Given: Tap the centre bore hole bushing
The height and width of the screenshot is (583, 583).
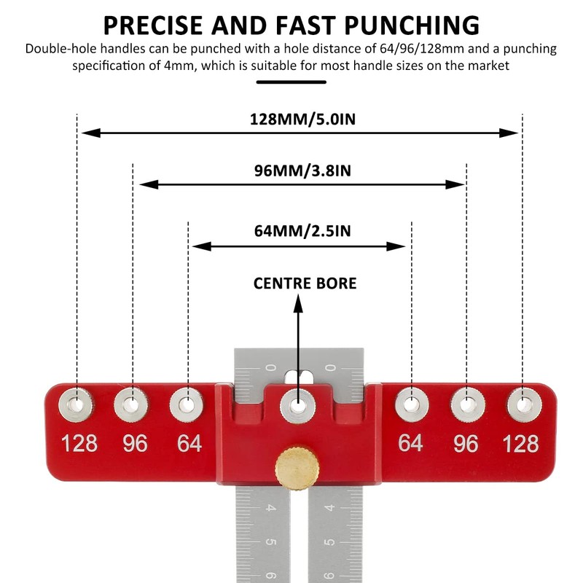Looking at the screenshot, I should coord(297,404).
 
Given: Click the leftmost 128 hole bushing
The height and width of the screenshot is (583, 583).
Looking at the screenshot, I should coord(77,402).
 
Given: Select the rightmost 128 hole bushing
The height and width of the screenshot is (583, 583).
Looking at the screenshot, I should coord(522,402).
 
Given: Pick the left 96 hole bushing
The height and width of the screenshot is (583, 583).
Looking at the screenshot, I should coord(133,402).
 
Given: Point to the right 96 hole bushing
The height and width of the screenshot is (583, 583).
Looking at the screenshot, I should coord(466,402).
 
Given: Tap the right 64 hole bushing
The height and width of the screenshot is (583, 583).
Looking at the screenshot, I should coord(412,402).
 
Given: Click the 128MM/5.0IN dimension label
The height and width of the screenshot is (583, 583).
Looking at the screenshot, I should coord(302,119).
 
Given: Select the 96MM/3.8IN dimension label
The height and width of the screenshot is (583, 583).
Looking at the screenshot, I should coord(302,171).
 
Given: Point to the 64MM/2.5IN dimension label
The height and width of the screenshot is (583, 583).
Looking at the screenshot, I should coord(302,231).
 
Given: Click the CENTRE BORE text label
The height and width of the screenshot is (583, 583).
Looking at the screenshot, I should coord(305,283).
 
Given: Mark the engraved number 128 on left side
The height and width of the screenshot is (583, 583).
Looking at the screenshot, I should coord(79,443).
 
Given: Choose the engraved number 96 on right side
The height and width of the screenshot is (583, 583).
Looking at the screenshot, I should coord(466,443).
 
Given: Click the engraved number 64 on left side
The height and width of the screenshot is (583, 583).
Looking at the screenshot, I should coord(189,443).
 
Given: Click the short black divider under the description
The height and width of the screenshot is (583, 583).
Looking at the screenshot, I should coord(291,82).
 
